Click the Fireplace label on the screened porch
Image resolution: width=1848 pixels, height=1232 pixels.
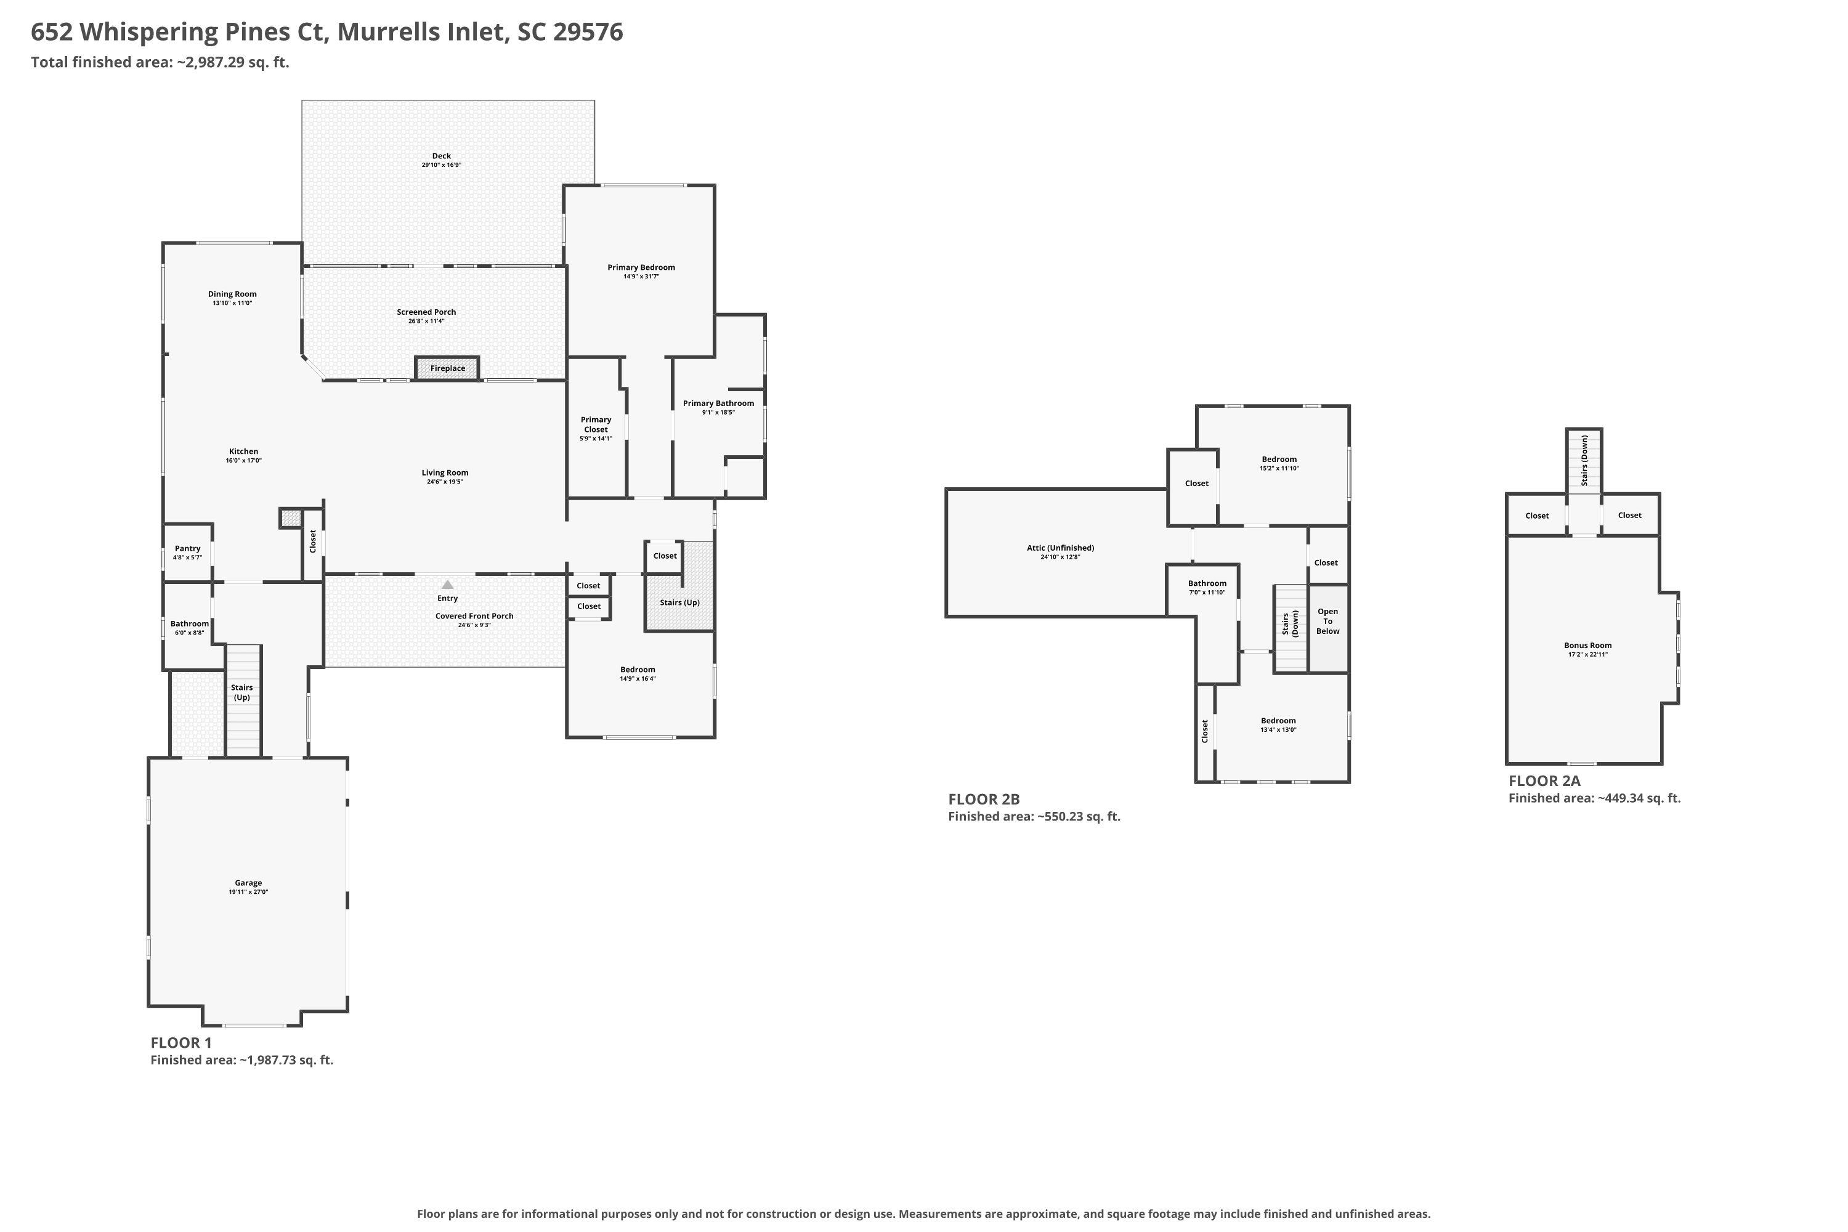pyautogui.click(x=447, y=368)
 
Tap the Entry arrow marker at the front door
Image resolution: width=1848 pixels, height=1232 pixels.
pyautogui.click(x=447, y=585)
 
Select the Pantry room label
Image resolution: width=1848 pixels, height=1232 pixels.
pyautogui.click(x=188, y=548)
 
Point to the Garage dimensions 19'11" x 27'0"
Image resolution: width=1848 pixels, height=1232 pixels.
pyautogui.click(x=248, y=892)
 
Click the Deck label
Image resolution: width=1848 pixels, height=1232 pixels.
pyautogui.click(x=442, y=156)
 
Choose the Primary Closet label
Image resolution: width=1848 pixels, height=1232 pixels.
pyautogui.click(x=596, y=424)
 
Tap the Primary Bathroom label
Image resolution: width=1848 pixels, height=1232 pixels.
pyautogui.click(x=718, y=403)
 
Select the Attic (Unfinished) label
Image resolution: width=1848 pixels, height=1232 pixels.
pyautogui.click(x=1060, y=548)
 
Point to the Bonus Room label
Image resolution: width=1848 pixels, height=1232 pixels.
pyautogui.click(x=1587, y=645)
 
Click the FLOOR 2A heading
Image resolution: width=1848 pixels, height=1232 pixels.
pyautogui.click(x=1544, y=781)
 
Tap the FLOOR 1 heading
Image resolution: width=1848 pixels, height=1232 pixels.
pyautogui.click(x=180, y=1043)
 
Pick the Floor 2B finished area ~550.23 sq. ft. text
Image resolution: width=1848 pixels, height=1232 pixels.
pyautogui.click(x=1034, y=816)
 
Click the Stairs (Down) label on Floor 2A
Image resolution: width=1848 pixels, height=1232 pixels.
pyautogui.click(x=1584, y=460)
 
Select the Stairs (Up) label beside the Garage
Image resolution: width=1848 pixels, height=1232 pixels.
pyautogui.click(x=242, y=692)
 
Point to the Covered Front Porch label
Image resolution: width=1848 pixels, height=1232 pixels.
pyautogui.click(x=474, y=616)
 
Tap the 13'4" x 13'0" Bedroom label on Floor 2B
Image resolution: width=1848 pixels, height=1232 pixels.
pyautogui.click(x=1278, y=725)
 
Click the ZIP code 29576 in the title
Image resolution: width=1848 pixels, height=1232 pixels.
pyautogui.click(x=588, y=32)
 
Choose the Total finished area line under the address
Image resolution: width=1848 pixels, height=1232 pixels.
pyautogui.click(x=160, y=62)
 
